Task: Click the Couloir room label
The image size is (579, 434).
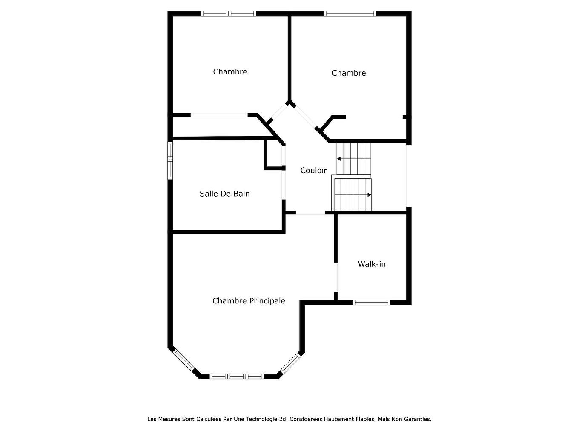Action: pyautogui.click(x=313, y=170)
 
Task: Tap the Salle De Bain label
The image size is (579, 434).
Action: pyautogui.click(x=224, y=194)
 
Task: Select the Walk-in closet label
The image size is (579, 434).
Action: pyautogui.click(x=372, y=264)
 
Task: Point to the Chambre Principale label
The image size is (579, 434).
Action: pyautogui.click(x=249, y=301)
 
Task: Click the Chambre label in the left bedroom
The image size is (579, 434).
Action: pyautogui.click(x=230, y=71)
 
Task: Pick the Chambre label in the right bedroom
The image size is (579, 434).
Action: pyautogui.click(x=349, y=73)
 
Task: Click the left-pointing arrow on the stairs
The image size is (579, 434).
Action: pyautogui.click(x=339, y=159)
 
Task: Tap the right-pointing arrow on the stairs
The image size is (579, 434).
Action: pyautogui.click(x=369, y=195)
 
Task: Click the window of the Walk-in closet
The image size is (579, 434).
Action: pyautogui.click(x=372, y=303)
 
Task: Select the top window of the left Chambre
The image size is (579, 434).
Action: pyautogui.click(x=229, y=14)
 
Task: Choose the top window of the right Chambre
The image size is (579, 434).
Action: pyautogui.click(x=350, y=14)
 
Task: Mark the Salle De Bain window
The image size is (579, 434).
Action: pyautogui.click(x=170, y=160)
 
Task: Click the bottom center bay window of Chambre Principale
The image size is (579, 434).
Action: pyautogui.click(x=237, y=376)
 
